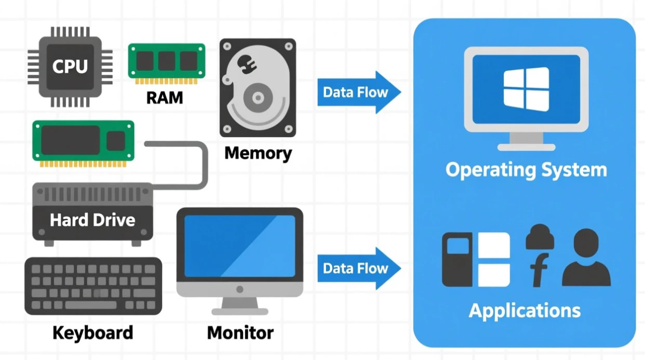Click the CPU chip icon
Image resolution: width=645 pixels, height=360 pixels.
tap(70, 67)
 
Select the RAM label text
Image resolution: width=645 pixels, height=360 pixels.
tap(164, 97)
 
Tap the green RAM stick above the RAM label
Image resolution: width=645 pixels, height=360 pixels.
tap(167, 62)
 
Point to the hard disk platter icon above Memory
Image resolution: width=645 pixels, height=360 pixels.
tap(258, 87)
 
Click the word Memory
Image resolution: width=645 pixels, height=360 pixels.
tap(258, 153)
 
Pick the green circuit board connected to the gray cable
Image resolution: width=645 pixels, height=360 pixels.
tap(84, 141)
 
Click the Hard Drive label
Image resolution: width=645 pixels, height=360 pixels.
tap(92, 220)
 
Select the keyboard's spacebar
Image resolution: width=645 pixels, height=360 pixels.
tap(91, 305)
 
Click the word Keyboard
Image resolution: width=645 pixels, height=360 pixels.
tap(92, 332)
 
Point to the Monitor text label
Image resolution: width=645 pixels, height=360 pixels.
tap(240, 332)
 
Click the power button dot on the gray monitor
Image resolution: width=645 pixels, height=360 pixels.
tap(239, 289)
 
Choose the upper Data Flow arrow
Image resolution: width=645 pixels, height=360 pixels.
tap(359, 92)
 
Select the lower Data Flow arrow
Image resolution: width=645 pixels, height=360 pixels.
tap(359, 269)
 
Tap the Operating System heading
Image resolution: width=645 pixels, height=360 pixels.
tap(526, 170)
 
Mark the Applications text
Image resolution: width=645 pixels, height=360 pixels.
tap(525, 311)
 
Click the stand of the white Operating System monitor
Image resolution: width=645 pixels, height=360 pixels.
tap(526, 140)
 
